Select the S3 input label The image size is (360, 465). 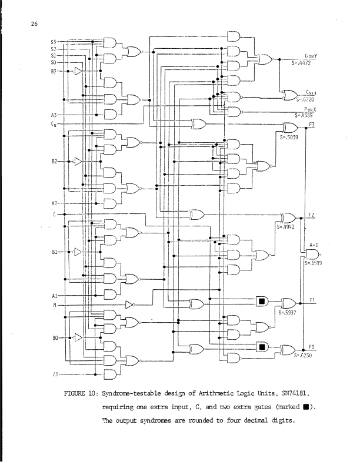[x=52, y=42]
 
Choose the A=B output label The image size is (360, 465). [x=314, y=243]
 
